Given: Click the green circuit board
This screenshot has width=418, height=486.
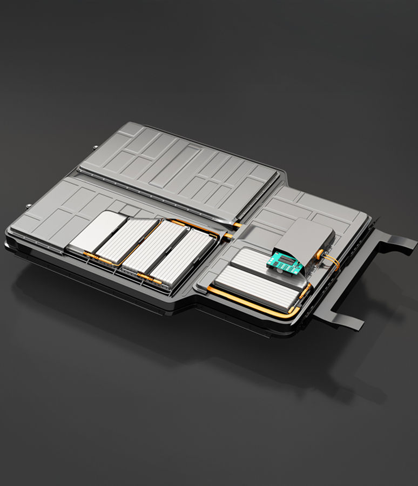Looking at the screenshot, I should tap(285, 264).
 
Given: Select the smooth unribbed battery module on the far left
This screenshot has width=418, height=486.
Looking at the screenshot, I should tap(96, 232).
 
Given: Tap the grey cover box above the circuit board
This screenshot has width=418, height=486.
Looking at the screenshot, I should tap(308, 238).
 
